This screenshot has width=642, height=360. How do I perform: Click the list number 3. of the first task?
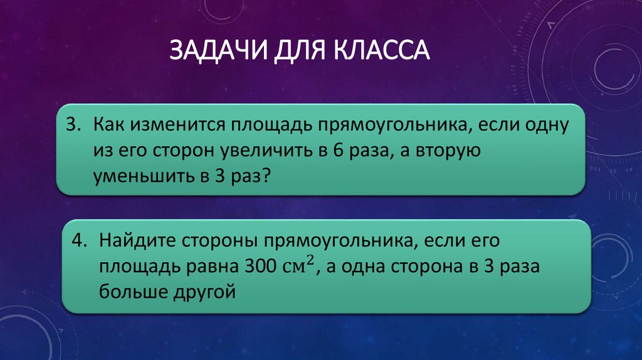pos(74,126)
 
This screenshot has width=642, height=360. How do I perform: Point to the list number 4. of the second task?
pos(80,241)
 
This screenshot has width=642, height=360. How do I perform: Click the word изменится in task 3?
pos(165,126)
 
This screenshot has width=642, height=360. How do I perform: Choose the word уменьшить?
pos(143,177)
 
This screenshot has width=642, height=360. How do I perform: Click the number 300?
pos(254,267)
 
